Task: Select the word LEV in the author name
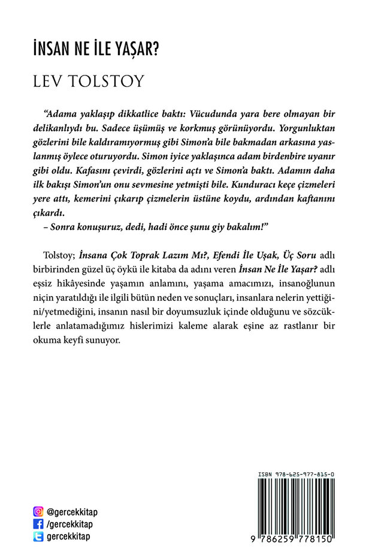click(x=50, y=81)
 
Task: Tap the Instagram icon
click(x=38, y=512)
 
